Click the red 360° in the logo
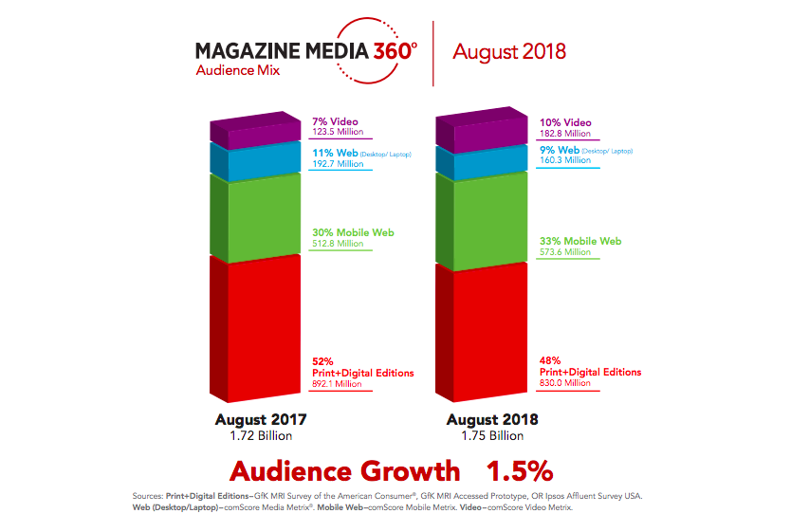[x=388, y=50]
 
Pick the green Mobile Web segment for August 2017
[x=254, y=217]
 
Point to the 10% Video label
[x=564, y=122]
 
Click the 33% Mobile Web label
[x=579, y=241]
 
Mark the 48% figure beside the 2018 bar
[x=550, y=360]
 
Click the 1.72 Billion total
[x=260, y=435]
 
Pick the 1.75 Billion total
[x=490, y=435]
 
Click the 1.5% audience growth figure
[x=520, y=471]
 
